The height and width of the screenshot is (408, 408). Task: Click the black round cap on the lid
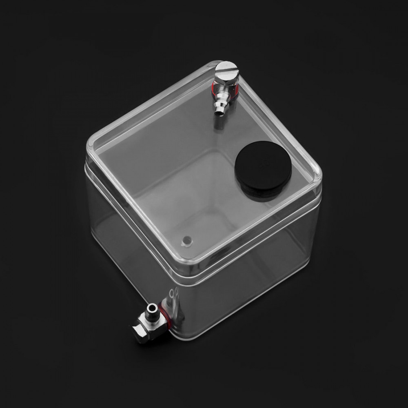(x=263, y=167)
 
